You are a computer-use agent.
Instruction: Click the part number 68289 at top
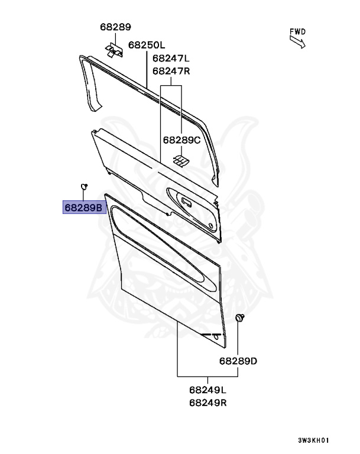click(x=115, y=27)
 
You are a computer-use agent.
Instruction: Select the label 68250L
click(x=147, y=44)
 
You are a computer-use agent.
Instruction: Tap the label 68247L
click(x=171, y=58)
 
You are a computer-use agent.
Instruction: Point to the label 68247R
click(x=171, y=70)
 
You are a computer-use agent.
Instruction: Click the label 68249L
click(x=208, y=390)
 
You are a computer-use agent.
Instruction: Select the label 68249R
click(x=208, y=403)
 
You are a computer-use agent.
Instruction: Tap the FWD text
click(x=297, y=31)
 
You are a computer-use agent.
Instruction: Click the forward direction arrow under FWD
click(x=296, y=41)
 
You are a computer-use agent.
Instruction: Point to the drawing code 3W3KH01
click(x=313, y=440)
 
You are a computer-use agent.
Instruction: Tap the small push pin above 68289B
click(x=84, y=186)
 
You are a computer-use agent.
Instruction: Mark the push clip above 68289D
click(x=239, y=319)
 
